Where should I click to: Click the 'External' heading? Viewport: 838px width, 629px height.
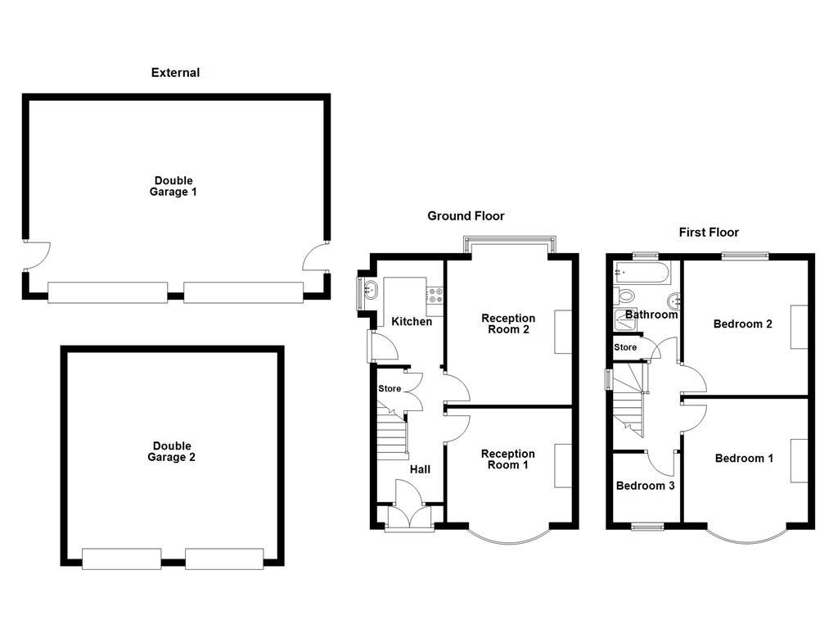coord(175,73)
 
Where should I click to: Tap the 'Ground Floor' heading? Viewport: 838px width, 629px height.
coord(466,216)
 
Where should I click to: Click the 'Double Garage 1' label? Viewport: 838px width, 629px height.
coord(173,186)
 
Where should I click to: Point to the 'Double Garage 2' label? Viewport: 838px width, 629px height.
coord(171,452)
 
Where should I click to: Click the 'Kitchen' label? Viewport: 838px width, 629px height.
coord(412,322)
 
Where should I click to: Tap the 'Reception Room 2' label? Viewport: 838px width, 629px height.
coord(507,324)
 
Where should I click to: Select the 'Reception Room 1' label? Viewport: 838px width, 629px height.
coord(507,459)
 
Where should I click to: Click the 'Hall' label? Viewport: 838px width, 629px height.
coord(420,469)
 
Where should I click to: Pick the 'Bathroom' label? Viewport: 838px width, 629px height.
coord(651,314)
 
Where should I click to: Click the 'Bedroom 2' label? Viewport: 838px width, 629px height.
coord(742,324)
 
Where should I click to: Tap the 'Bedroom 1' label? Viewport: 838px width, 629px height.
coord(743,459)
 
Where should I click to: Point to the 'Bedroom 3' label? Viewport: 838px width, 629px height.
coord(645,486)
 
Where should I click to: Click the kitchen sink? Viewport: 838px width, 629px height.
coord(370,289)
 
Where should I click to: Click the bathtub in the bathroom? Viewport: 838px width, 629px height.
coord(642,272)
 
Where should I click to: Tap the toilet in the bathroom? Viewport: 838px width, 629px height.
coord(625,296)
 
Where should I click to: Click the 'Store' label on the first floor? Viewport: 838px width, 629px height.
coord(625,347)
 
